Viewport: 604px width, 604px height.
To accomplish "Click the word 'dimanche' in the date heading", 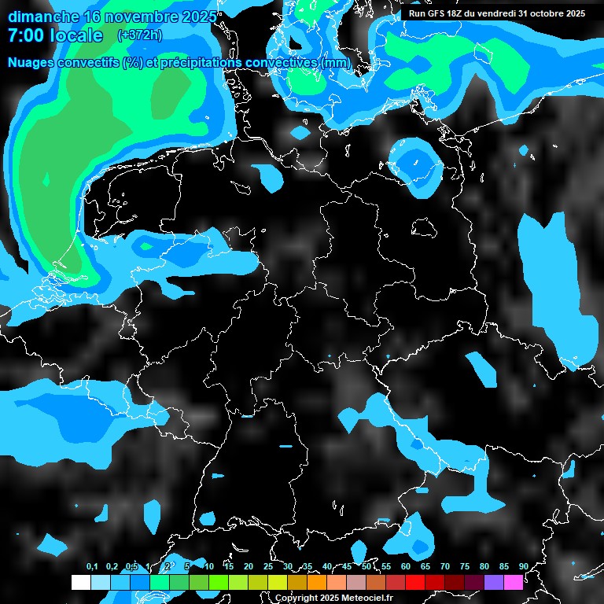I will [x=42, y=17].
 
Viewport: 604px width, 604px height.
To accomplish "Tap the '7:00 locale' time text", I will [x=55, y=35].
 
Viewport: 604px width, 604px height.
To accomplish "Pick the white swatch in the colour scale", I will [x=80, y=582].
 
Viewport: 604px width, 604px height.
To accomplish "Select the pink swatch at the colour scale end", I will [x=513, y=582].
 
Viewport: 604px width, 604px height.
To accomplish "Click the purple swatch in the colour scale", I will [x=493, y=582].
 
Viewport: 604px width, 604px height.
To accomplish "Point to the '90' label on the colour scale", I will [x=523, y=566].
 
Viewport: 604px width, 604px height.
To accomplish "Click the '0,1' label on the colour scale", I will [x=92, y=566].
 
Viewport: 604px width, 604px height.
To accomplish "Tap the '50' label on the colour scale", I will [x=366, y=566].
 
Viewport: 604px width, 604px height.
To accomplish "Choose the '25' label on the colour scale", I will [x=268, y=566].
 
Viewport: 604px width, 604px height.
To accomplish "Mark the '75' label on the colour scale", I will [x=464, y=566].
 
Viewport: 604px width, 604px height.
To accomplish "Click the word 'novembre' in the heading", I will [x=133, y=17].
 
